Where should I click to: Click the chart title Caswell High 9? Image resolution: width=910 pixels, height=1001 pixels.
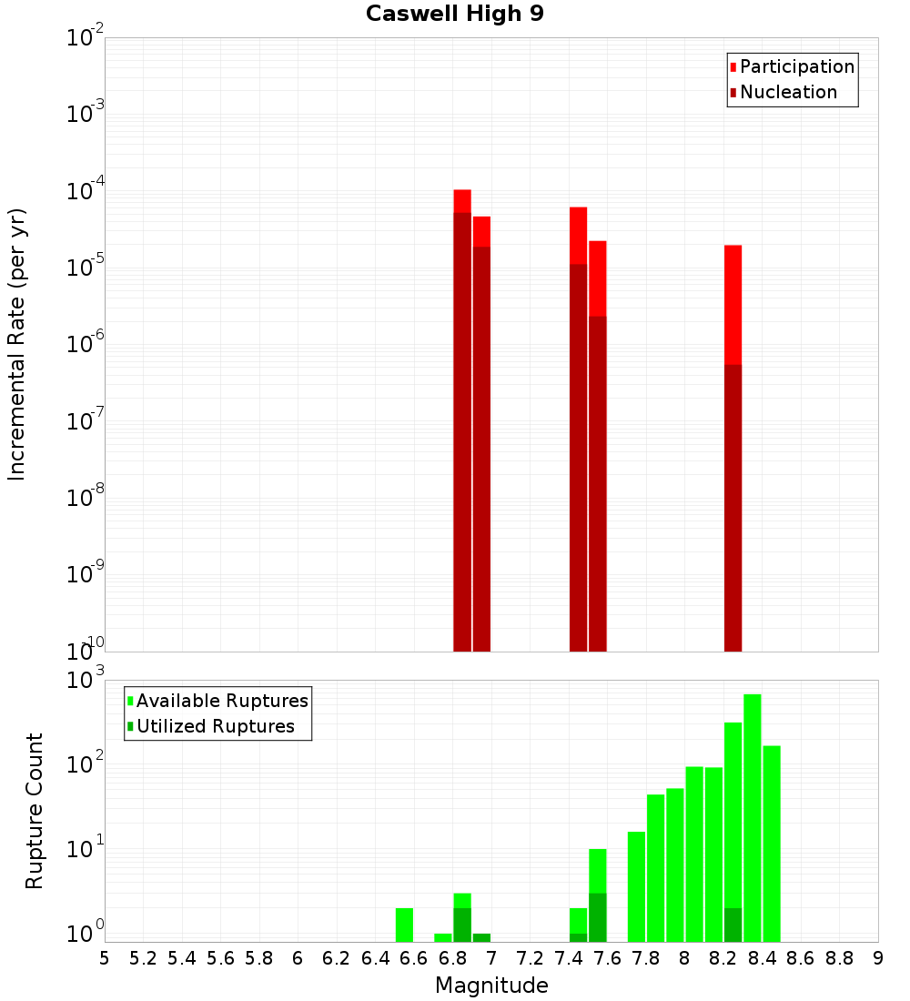[x=455, y=15]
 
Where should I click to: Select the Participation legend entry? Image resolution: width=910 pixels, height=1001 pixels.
[x=797, y=66]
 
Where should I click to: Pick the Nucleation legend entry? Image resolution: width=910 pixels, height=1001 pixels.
[x=788, y=92]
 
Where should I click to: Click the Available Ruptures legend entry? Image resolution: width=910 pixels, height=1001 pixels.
[x=222, y=701]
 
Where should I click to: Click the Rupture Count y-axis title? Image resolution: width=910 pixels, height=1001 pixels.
[x=35, y=811]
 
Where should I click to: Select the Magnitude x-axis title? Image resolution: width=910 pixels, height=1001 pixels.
[x=491, y=986]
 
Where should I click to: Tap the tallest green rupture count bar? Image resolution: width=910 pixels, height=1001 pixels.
[x=753, y=818]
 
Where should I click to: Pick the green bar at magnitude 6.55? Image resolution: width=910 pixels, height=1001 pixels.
[x=405, y=925]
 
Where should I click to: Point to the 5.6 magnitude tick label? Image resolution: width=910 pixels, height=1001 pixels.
[x=220, y=958]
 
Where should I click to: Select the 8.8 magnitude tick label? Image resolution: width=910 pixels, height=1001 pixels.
[x=839, y=958]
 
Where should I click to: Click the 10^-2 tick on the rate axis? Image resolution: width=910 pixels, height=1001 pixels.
[x=86, y=38]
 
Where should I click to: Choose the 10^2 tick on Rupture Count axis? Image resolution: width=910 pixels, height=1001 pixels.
[x=86, y=764]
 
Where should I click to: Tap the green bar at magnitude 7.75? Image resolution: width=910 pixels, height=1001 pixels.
[x=637, y=886]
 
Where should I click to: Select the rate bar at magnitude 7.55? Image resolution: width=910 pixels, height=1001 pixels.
[x=598, y=446]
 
